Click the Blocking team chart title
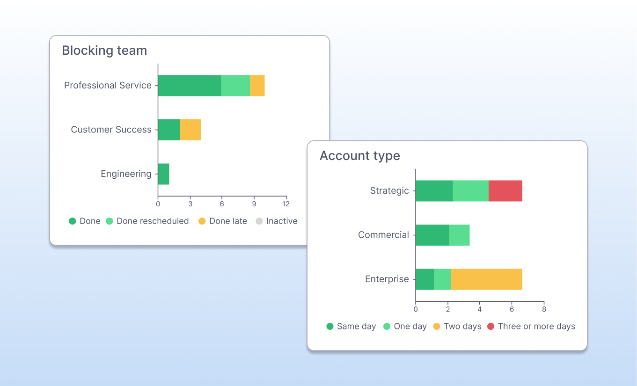[104, 51]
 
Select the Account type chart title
[359, 156]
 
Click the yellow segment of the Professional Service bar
[257, 86]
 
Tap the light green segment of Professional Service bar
[235, 86]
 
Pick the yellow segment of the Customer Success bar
[190, 130]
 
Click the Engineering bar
[163, 174]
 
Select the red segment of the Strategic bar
[505, 191]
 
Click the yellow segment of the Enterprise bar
[486, 279]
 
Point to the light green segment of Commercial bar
[459, 235]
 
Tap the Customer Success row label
[111, 130]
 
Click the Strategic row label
[389, 190]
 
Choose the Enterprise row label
[387, 279]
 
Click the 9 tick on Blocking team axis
[254, 204]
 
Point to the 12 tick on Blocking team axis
[286, 204]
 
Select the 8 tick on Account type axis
[543, 309]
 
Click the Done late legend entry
[223, 221]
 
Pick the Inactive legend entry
[277, 221]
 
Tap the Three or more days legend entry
[531, 327]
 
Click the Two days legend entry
[457, 327]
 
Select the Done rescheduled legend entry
[147, 221]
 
